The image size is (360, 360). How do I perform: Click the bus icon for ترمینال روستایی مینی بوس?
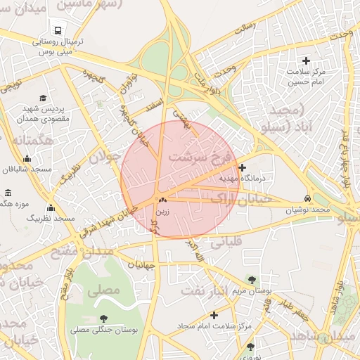pyautogui.click(x=56, y=31)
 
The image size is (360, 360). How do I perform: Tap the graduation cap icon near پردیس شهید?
pyautogui.click(x=43, y=98)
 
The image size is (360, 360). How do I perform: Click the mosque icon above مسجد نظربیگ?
pyautogui.click(x=51, y=207)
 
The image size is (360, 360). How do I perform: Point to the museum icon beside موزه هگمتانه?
pyautogui.click(x=8, y=193)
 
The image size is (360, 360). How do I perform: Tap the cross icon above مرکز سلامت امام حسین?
pyautogui.click(x=306, y=60)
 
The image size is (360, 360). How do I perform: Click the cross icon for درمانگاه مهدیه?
pyautogui.click(x=243, y=167)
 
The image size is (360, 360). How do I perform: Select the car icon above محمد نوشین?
pyautogui.click(x=308, y=198)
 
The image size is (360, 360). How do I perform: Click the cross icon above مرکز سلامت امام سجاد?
pyautogui.click(x=214, y=315)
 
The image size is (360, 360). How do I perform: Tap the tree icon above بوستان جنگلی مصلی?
pyautogui.click(x=104, y=319)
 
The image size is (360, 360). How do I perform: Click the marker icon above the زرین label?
pyautogui.click(x=162, y=200)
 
